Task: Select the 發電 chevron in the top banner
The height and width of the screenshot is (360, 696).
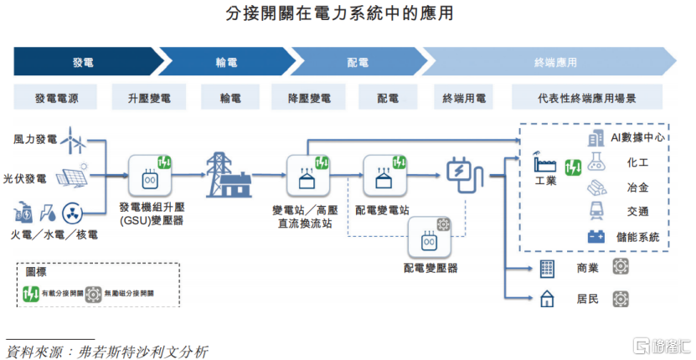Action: [x=84, y=62]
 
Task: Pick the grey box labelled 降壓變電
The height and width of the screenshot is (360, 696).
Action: [x=313, y=98]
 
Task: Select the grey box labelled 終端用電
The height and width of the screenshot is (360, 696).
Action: [x=464, y=98]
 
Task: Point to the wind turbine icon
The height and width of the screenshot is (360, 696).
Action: [x=76, y=140]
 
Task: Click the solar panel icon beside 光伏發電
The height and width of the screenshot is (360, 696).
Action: [x=73, y=177]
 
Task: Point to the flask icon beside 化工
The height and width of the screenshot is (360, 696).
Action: [x=597, y=162]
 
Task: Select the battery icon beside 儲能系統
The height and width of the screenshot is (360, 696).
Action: [x=596, y=237]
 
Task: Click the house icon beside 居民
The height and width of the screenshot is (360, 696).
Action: [x=548, y=298]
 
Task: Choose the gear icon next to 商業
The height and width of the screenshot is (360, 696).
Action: [x=621, y=267]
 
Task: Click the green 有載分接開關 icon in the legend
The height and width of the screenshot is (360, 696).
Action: [x=31, y=294]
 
